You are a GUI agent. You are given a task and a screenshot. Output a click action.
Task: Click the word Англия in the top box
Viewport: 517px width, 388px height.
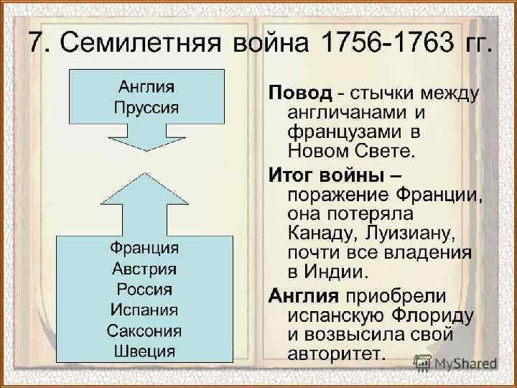[146, 88]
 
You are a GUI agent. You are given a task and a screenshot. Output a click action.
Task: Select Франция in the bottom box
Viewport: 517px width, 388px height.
[144, 249]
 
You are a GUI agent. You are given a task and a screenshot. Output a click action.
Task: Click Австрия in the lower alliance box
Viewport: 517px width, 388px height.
[144, 269]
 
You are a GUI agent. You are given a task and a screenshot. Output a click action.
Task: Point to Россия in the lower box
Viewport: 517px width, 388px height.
[144, 290]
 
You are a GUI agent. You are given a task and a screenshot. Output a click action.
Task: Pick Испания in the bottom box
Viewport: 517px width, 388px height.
[144, 310]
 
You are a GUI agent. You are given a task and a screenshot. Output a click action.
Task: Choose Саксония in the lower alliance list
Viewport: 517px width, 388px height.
[144, 331]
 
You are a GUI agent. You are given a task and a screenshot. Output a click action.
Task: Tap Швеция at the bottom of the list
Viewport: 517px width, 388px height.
[144, 351]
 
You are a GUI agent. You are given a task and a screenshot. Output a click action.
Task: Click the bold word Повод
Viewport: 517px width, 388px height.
[300, 93]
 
